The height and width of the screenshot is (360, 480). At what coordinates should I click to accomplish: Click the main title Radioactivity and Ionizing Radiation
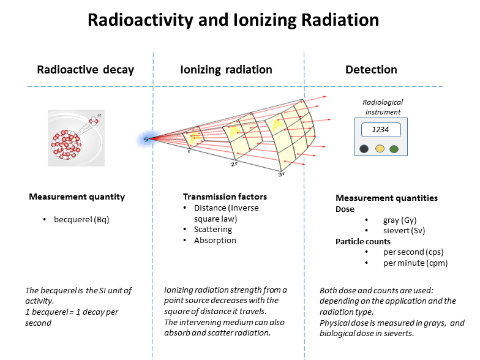(233, 20)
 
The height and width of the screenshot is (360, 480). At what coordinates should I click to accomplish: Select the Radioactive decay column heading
(85, 69)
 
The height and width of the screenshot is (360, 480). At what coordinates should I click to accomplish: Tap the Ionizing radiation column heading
(226, 69)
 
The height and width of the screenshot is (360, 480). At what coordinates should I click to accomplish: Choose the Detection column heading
(371, 69)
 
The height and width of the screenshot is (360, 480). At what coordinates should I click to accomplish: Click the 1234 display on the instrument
(381, 130)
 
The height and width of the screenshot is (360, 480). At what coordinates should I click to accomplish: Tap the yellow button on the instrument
(380, 149)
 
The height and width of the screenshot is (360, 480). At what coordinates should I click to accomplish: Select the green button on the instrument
(394, 149)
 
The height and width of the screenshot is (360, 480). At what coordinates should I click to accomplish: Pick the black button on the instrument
(364, 149)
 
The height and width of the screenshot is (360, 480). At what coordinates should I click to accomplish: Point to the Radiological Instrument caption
(383, 107)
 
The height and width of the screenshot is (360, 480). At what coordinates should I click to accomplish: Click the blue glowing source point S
(146, 140)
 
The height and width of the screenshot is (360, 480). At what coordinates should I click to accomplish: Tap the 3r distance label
(282, 174)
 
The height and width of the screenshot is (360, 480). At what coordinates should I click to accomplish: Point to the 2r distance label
(234, 164)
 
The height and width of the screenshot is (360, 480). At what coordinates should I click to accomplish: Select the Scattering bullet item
(212, 230)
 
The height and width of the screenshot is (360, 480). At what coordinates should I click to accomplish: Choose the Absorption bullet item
(215, 241)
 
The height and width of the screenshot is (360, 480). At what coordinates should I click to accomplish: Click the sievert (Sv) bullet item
(403, 231)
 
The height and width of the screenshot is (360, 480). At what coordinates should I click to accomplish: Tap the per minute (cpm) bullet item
(414, 263)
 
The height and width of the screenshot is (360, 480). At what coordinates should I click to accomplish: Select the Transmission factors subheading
(225, 197)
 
